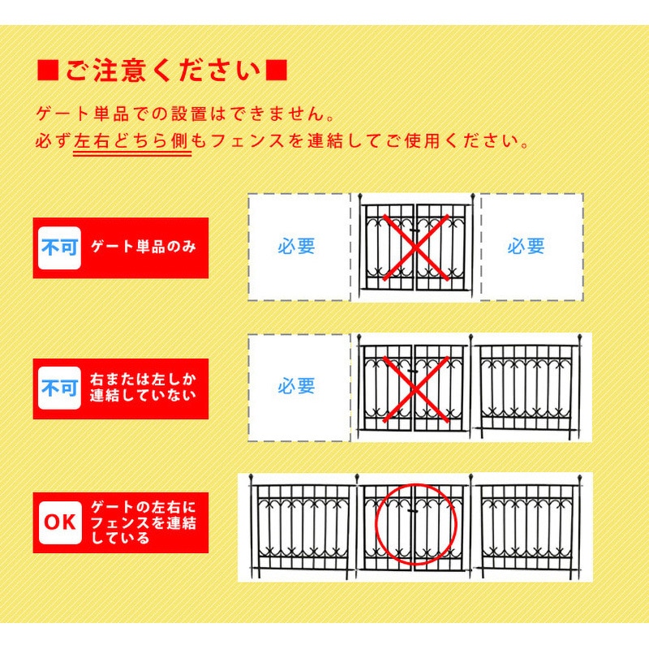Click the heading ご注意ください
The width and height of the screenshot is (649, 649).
pyautogui.click(x=161, y=71)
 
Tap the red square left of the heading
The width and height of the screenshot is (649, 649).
pyautogui.click(x=48, y=71)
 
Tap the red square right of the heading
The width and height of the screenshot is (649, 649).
pyautogui.click(x=276, y=71)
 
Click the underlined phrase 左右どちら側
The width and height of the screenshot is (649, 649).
pyautogui.click(x=131, y=141)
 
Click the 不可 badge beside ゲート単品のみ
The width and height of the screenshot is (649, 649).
pyautogui.click(x=59, y=247)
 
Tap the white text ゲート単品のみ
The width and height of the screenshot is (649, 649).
pyautogui.click(x=144, y=247)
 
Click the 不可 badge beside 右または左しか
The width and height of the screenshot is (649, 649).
pyautogui.click(x=59, y=389)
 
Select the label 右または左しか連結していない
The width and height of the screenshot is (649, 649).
pyautogui.click(x=144, y=388)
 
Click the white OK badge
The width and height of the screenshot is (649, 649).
pyautogui.click(x=60, y=522)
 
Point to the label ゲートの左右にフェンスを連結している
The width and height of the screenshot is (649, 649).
pyautogui.click(x=144, y=522)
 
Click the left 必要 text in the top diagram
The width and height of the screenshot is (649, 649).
pyautogui.click(x=296, y=247)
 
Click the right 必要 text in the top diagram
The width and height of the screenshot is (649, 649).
pyautogui.click(x=526, y=247)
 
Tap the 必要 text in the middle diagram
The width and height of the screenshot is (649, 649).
pyautogui.click(x=296, y=387)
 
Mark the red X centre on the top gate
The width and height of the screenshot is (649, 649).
pyautogui.click(x=416, y=247)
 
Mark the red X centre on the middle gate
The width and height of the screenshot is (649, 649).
pyautogui.click(x=415, y=389)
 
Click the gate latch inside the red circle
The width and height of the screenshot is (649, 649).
pyautogui.click(x=413, y=512)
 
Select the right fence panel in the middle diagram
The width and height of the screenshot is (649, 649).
pyautogui.click(x=528, y=387)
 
